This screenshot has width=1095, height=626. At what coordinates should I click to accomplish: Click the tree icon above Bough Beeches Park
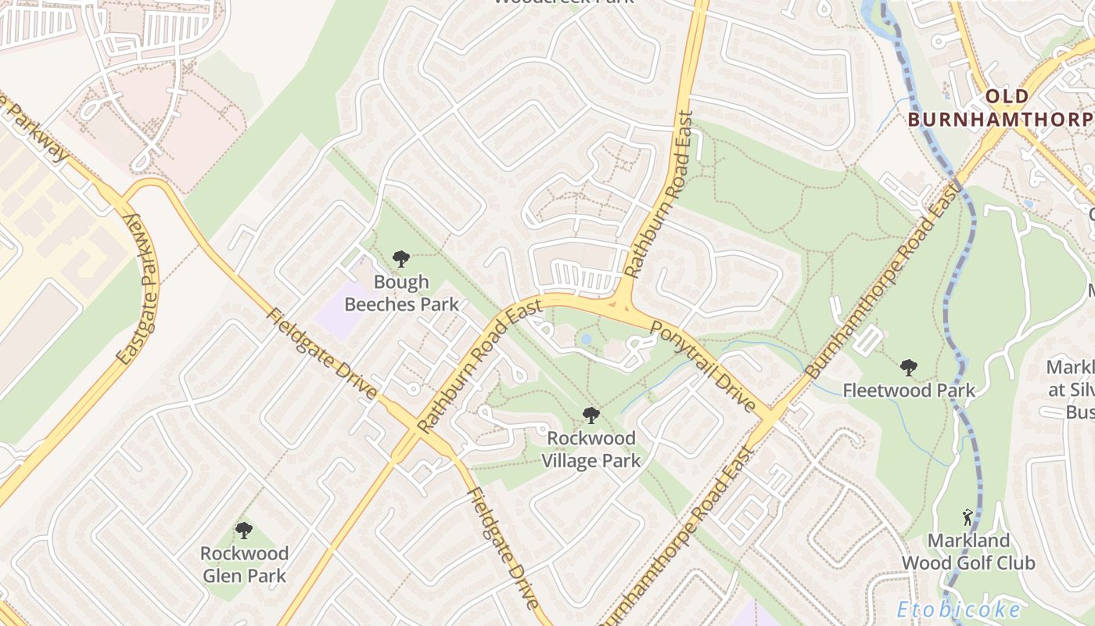(x=401, y=258)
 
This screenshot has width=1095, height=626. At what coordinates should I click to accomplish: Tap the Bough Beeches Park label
(x=401, y=293)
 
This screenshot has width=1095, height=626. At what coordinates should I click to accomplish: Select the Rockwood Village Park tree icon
(x=591, y=416)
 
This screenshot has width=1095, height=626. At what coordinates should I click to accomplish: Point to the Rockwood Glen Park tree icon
(x=244, y=531)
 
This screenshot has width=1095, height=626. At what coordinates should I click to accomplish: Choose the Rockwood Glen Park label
(x=244, y=564)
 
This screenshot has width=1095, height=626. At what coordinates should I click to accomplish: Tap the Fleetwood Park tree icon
(x=908, y=367)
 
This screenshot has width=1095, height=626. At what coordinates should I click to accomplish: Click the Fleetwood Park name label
(x=908, y=390)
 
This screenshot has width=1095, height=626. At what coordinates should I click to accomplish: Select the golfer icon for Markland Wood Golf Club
(x=968, y=517)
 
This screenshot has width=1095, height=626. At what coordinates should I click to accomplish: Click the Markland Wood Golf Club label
(x=968, y=552)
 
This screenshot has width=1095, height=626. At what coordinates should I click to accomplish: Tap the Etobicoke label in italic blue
(x=958, y=610)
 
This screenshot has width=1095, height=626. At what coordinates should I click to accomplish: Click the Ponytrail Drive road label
(x=703, y=367)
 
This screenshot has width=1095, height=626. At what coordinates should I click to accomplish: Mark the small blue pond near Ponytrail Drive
(x=586, y=340)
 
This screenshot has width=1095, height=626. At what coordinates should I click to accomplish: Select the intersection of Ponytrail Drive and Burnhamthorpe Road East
(x=770, y=416)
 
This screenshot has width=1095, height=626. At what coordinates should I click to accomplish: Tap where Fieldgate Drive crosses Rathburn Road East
(x=409, y=427)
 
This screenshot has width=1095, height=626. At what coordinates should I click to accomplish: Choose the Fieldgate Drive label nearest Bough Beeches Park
(x=321, y=354)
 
